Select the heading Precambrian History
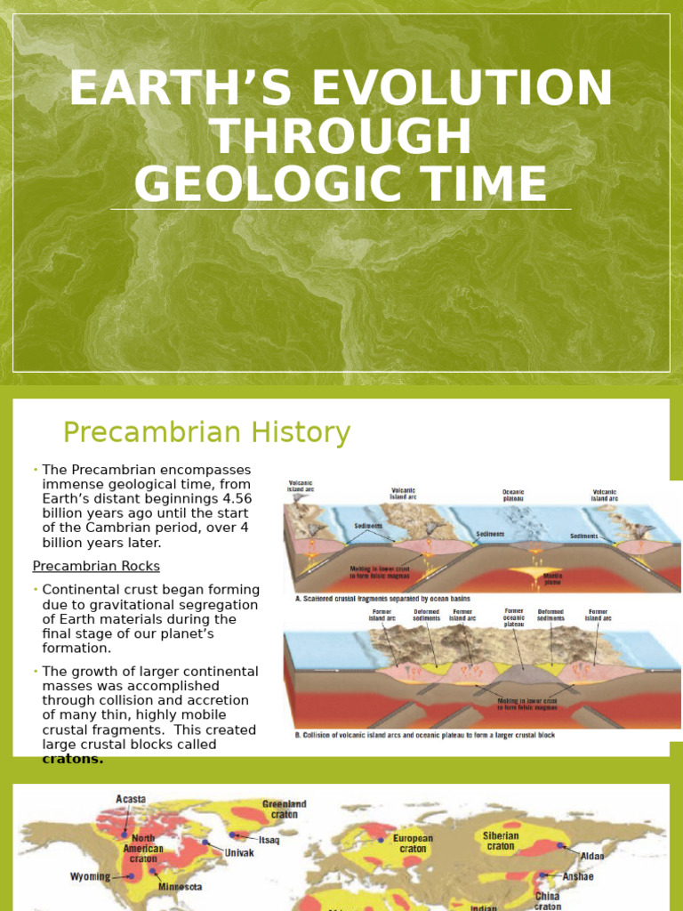coord(206,433)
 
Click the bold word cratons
coord(73,759)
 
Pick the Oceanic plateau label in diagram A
coord(513,495)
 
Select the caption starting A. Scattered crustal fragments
coord(382,599)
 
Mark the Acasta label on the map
coord(130,799)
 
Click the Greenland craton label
coord(285,810)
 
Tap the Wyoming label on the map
coord(90,876)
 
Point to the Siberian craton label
coord(502,841)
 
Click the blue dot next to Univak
coord(205,842)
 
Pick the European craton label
coord(414,843)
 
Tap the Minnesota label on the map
coord(180,886)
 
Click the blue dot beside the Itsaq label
coord(237,835)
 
